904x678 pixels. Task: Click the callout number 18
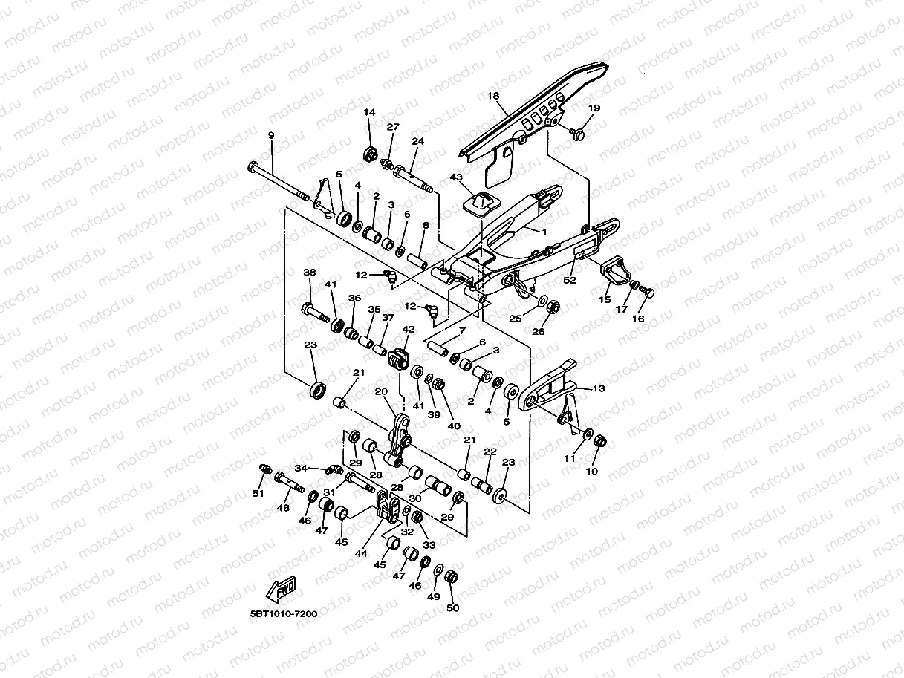point(493,96)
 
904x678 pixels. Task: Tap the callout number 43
point(476,177)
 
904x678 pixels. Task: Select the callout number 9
point(271,135)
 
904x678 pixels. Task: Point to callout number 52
point(570,280)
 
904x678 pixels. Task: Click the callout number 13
point(599,388)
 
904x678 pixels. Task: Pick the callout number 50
point(453,608)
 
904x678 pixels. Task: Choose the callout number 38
point(310,273)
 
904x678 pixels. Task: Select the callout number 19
point(594,108)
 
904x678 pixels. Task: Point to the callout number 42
point(409,328)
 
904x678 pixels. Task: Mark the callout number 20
point(381,391)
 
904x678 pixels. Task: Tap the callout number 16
point(638,319)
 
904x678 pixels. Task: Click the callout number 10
point(592,471)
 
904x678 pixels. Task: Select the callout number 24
point(417,141)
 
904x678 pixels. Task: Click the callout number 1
point(544,232)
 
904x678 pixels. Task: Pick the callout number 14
point(370,112)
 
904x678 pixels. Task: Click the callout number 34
point(301,468)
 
